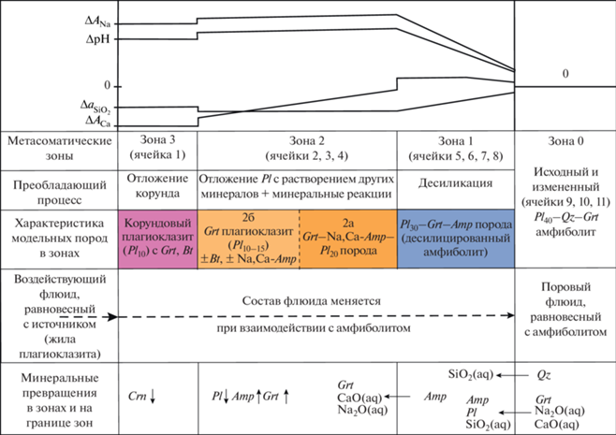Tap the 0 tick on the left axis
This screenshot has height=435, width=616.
pos(107,83)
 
